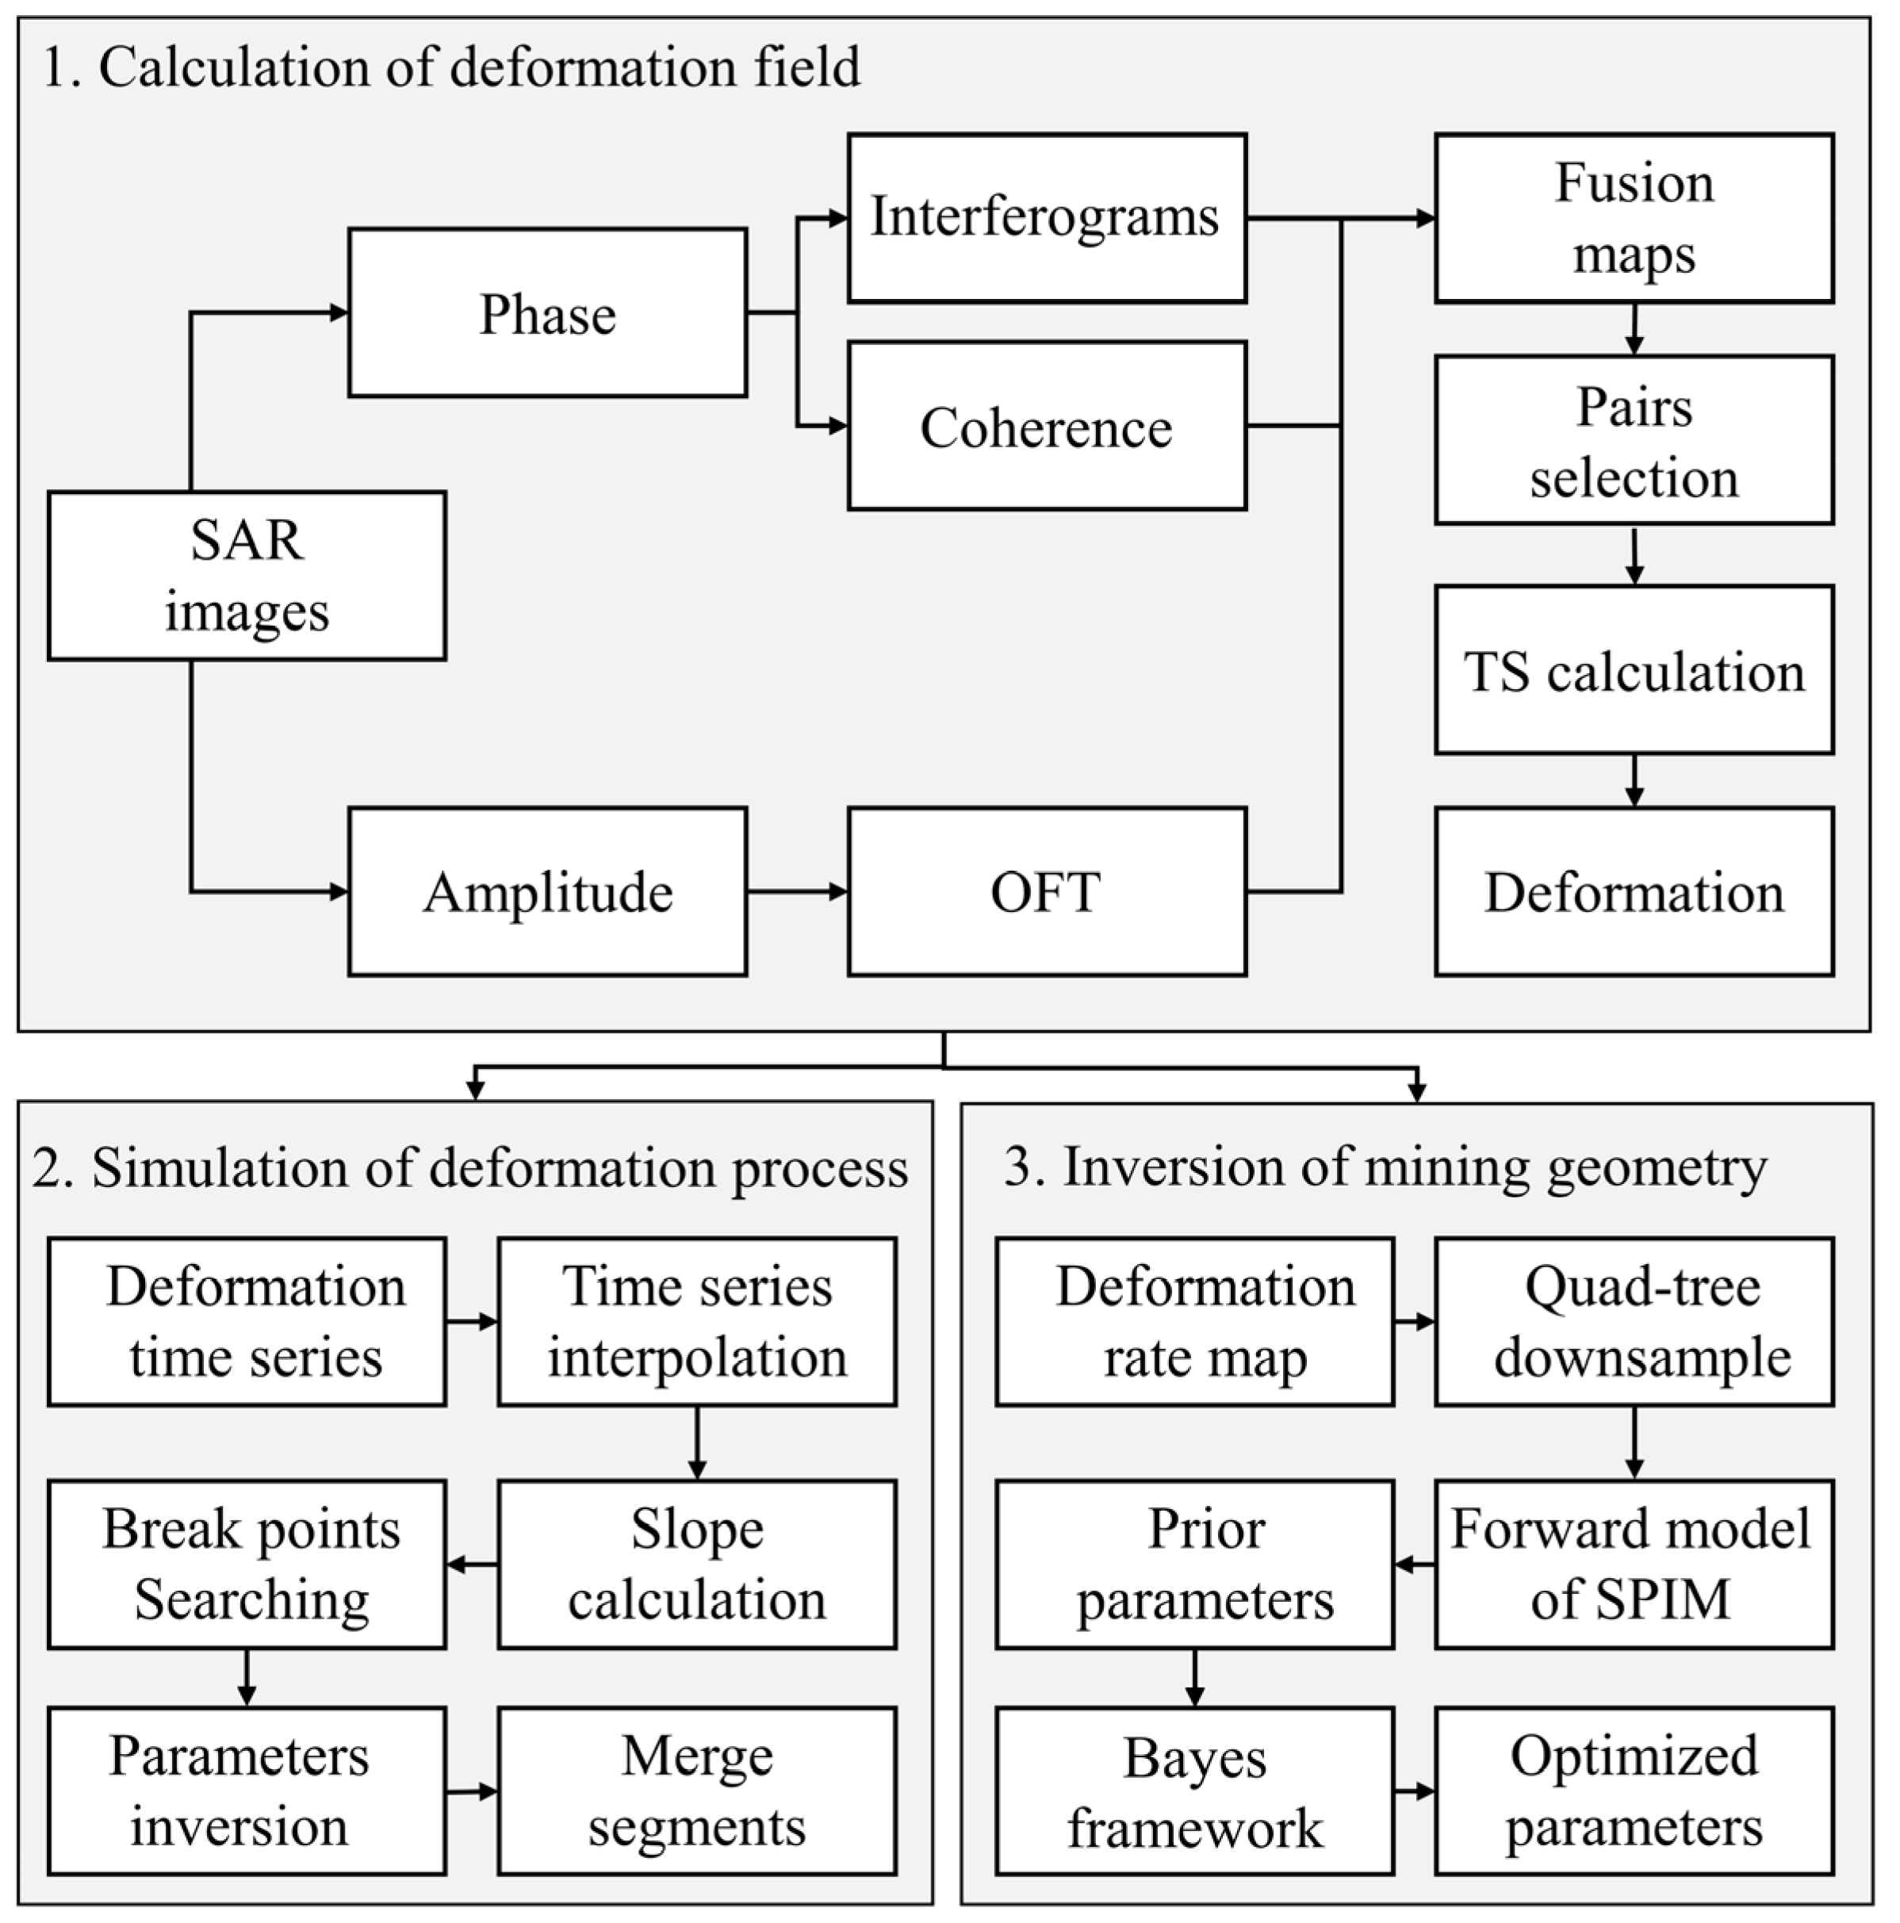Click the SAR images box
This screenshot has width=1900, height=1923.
pos(247,575)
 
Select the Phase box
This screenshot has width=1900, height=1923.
pos(547,313)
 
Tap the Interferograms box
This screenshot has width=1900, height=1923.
pos(1046,218)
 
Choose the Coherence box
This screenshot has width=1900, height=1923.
pos(1046,426)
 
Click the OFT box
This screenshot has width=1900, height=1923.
pos(1046,891)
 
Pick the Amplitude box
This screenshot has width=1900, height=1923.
pos(547,891)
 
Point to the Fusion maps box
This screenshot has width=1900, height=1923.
pos(1634,218)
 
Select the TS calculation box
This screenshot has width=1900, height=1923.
pos(1634,670)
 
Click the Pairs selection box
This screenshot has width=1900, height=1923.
pos(1634,440)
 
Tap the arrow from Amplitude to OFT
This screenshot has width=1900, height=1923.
pos(796,891)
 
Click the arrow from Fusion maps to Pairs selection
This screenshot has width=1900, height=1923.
pos(1634,329)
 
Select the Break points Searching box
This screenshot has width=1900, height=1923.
pos(247,1564)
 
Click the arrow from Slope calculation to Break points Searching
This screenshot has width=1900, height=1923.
pos(473,1564)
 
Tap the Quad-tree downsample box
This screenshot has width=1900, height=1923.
pos(1634,1322)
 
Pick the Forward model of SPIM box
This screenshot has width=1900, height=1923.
pos(1634,1564)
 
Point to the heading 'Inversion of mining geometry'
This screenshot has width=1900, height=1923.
pos(1385,1166)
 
